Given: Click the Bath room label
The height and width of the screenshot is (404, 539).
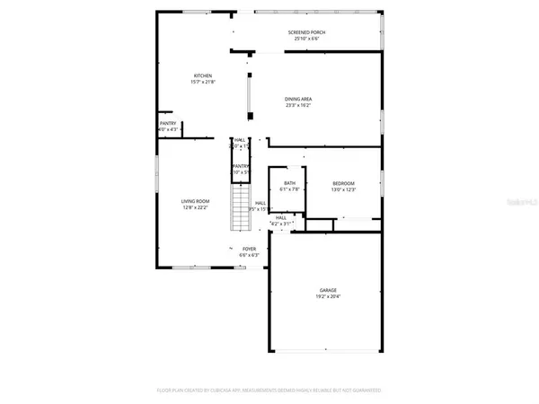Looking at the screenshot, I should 289,183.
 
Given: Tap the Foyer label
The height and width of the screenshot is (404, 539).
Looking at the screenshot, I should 249,249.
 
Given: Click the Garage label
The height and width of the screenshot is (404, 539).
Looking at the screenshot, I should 328,290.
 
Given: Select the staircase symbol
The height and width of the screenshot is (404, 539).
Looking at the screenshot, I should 240,207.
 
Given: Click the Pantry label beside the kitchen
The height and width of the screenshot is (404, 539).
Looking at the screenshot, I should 168,124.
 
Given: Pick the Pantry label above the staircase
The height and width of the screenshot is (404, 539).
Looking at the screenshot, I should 240,166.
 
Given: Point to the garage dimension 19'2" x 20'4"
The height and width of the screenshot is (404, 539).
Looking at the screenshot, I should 328,297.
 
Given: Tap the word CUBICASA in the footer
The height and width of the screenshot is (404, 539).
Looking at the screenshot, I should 234,391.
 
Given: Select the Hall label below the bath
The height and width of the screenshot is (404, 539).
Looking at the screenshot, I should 280,217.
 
